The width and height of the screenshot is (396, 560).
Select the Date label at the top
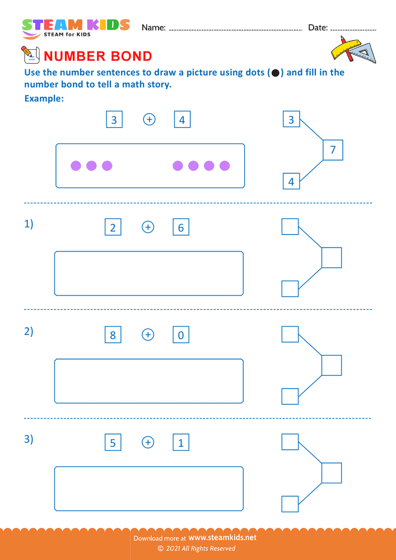pyautogui.click(x=318, y=27)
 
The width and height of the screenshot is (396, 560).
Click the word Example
pyautogui.click(x=44, y=99)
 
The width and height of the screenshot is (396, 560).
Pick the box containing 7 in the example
pyautogui.click(x=333, y=150)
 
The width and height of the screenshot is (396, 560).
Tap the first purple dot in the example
pyautogui.click(x=76, y=166)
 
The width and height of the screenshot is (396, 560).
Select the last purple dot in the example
pyautogui.click(x=225, y=166)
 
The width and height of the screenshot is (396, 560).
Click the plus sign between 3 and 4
pyautogui.click(x=149, y=119)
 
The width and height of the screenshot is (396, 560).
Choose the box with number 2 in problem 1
pyautogui.click(x=113, y=227)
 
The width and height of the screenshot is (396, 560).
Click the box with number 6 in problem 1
pyautogui.click(x=181, y=227)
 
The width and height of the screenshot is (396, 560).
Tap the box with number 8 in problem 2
pyautogui.click(x=113, y=335)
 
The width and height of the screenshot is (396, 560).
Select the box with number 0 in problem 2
pyautogui.click(x=181, y=335)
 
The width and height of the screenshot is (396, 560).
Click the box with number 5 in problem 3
pyautogui.click(x=113, y=443)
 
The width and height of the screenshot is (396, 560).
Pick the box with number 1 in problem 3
pyautogui.click(x=181, y=443)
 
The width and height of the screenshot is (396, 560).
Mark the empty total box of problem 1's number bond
pyautogui.click(x=332, y=258)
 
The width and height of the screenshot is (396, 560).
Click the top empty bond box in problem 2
pyautogui.click(x=290, y=334)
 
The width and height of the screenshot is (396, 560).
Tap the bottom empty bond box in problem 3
pyautogui.click(x=290, y=504)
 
